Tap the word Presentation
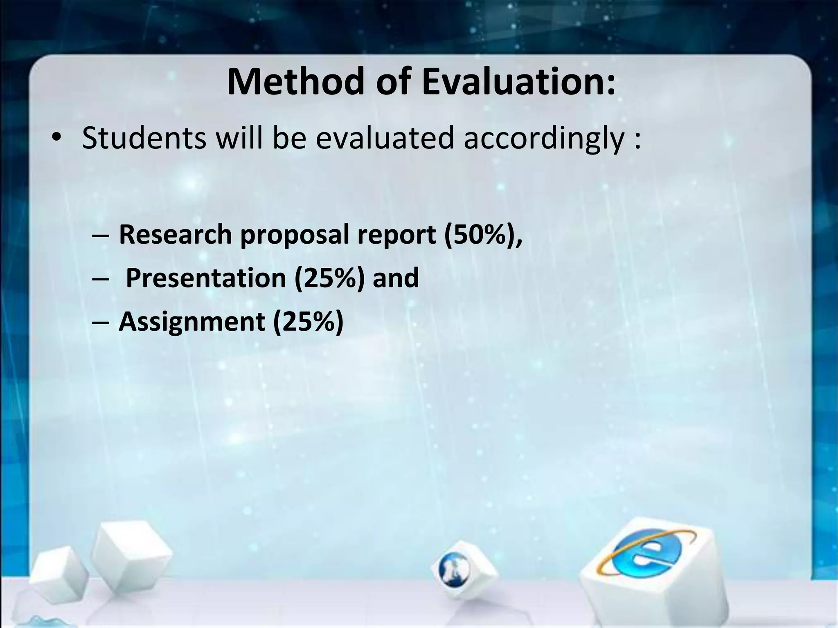[206, 278]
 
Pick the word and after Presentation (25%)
[396, 278]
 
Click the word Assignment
[191, 321]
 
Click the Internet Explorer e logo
[647, 554]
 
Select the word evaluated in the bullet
[385, 138]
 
